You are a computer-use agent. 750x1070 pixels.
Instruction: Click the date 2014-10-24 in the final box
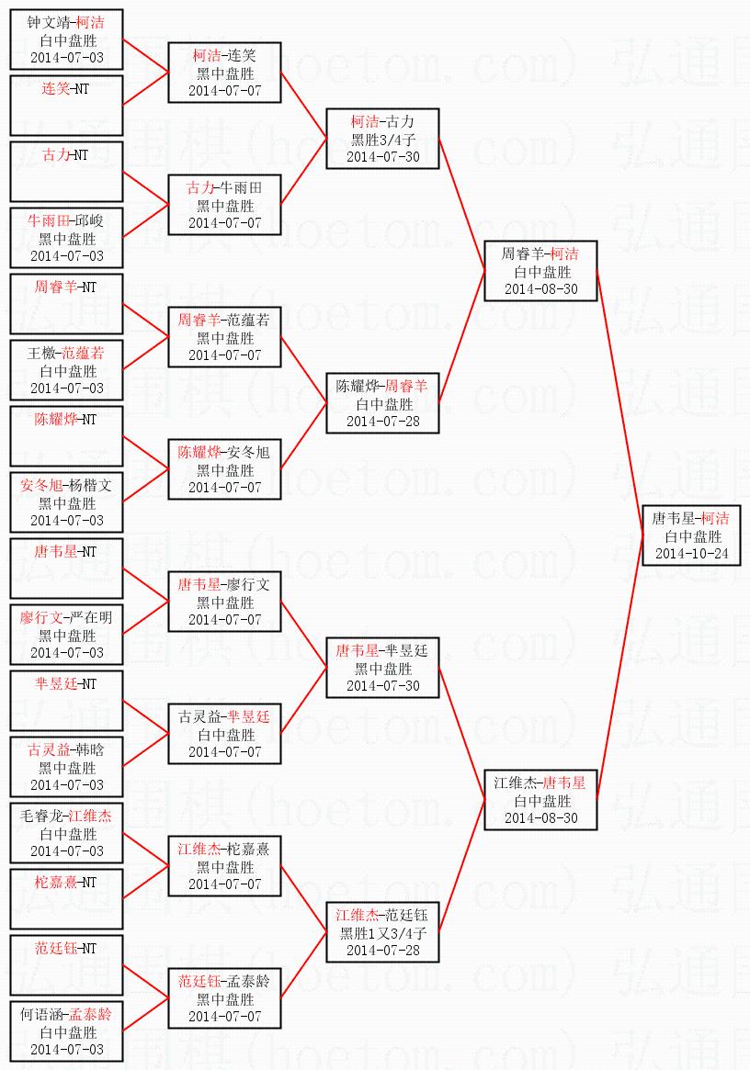tap(691, 554)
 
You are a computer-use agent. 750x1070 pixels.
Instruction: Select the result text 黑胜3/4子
tap(382, 140)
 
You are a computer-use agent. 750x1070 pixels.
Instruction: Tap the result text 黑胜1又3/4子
tap(382, 933)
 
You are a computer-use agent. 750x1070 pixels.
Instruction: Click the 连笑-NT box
tap(66, 106)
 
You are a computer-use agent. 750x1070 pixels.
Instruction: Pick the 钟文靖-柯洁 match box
tap(66, 39)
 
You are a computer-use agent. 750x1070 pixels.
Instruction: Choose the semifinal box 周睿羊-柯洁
tap(540, 271)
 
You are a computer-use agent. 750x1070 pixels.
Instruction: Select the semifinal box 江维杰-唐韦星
tap(540, 800)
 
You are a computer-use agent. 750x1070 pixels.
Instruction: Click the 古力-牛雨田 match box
tap(224, 205)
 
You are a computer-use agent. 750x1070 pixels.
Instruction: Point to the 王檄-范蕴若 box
tap(66, 370)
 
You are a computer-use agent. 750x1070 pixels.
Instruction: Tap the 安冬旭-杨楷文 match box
tap(66, 502)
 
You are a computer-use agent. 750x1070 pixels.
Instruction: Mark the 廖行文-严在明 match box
tap(66, 635)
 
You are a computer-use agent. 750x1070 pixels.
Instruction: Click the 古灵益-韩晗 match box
tap(66, 767)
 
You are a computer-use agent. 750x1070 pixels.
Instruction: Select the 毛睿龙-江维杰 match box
tap(66, 833)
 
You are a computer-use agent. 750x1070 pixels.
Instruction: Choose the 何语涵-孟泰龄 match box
tap(66, 1031)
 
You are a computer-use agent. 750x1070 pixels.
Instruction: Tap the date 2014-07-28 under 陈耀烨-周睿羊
tap(382, 421)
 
